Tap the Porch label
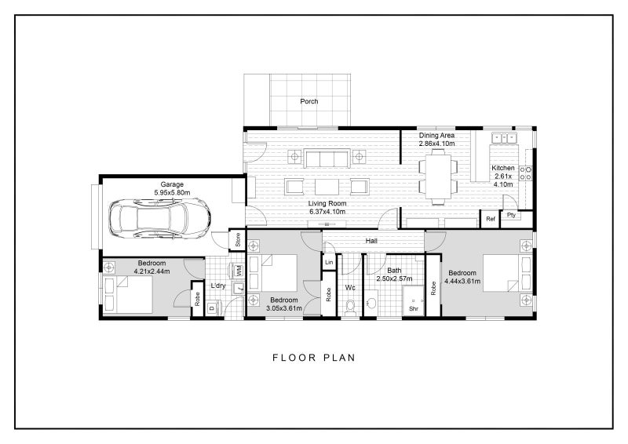coord(309,102)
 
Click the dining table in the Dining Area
coord(438,177)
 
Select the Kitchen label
coord(502,169)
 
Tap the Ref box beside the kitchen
coord(491,219)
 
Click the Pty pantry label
coord(511,215)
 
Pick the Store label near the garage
coord(238,240)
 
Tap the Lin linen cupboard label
coord(329,263)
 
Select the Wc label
coord(351,288)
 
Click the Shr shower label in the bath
coord(414,309)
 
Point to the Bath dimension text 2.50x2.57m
coord(394,278)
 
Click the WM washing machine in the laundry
coord(239,271)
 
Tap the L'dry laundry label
coord(219,286)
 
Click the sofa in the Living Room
coord(328,159)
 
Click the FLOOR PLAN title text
coord(314,358)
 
